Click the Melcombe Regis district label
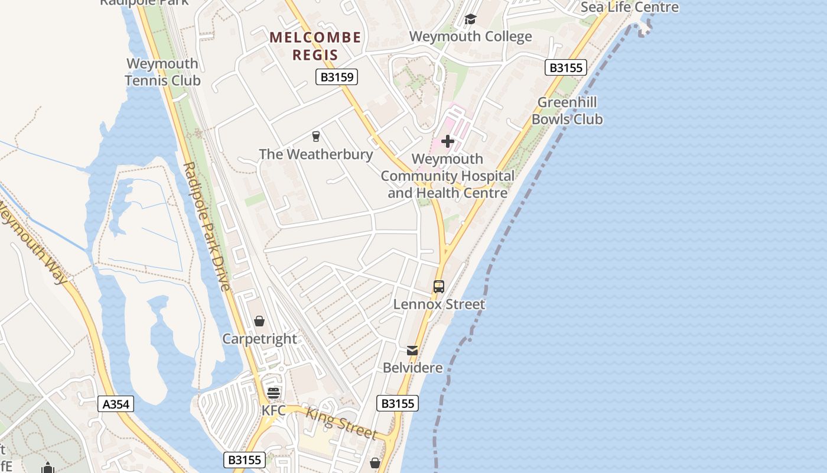(x=315, y=46)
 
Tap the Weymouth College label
(x=470, y=37)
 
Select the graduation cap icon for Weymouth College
(x=470, y=20)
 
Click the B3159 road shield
(x=337, y=77)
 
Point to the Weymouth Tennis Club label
(x=162, y=72)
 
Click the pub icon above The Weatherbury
(x=316, y=137)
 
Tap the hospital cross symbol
(x=448, y=141)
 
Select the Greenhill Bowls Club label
(x=567, y=111)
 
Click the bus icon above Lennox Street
(x=439, y=287)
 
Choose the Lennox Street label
(x=439, y=304)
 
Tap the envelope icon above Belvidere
(x=412, y=351)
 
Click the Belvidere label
(x=413, y=368)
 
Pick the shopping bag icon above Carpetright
(x=259, y=321)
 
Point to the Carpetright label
(x=259, y=339)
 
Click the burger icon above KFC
(x=274, y=393)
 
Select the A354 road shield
(x=115, y=404)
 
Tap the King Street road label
(x=341, y=424)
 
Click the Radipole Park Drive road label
(x=207, y=226)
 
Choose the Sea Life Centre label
(x=630, y=7)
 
